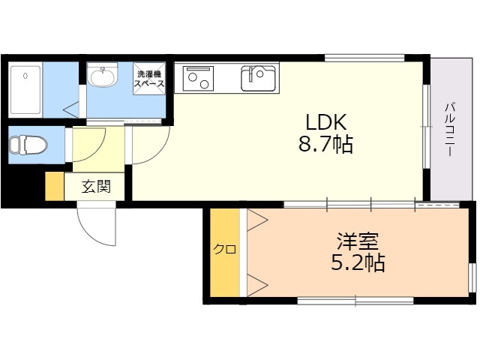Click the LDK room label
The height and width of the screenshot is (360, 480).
[326, 122]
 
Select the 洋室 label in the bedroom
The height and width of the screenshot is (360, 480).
[358, 241]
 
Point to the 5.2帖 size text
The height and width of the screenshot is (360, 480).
[358, 262]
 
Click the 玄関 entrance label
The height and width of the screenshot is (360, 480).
[96, 187]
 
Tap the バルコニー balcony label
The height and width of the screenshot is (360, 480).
[449, 130]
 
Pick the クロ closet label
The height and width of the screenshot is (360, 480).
[225, 249]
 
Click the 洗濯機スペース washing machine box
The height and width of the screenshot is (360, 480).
[149, 79]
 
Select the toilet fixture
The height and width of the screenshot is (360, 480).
[28, 145]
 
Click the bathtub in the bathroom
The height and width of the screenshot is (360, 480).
[25, 90]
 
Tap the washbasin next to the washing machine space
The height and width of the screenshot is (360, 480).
[102, 76]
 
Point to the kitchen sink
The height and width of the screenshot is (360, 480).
[258, 78]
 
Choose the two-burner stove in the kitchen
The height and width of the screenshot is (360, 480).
[198, 78]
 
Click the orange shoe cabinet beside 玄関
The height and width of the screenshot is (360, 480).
[55, 187]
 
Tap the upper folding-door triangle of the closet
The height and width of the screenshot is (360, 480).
[257, 220]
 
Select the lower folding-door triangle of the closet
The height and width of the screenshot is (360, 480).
[257, 285]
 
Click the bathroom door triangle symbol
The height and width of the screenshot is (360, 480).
[71, 109]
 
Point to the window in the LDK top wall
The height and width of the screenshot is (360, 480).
[364, 58]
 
